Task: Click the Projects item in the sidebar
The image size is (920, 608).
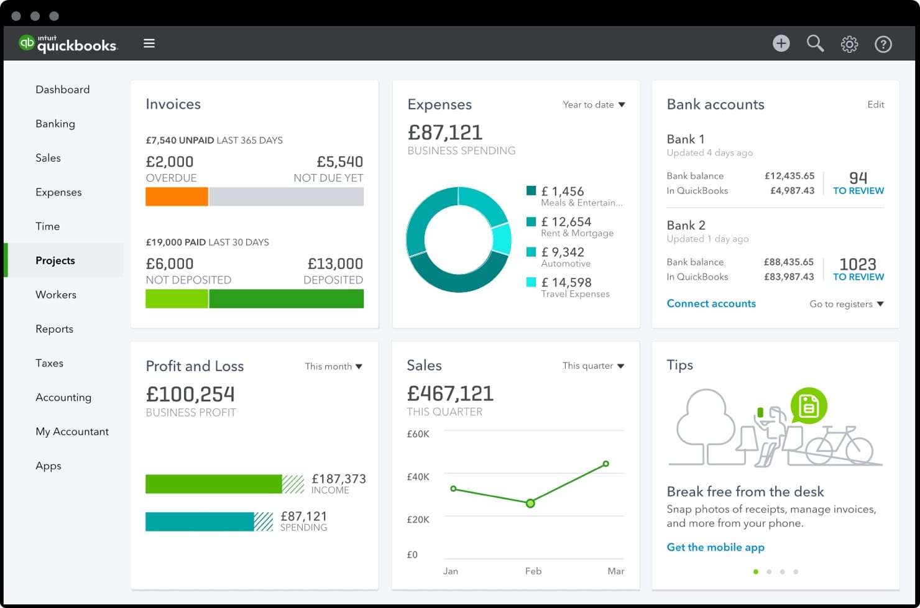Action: [x=55, y=260]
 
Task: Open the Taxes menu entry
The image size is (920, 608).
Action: [x=49, y=363]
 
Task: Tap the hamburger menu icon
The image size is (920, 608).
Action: [x=149, y=44]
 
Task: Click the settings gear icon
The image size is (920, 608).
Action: [x=849, y=44]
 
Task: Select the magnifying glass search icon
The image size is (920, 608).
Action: [x=815, y=44]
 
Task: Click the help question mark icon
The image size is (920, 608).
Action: [x=883, y=44]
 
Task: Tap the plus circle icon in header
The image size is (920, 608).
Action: [x=781, y=44]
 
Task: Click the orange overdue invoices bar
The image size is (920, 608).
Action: [x=177, y=197]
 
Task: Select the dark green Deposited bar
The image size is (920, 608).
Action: [x=286, y=299]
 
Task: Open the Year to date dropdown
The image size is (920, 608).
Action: [x=594, y=104]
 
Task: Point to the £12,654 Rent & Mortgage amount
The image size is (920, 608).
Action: [x=566, y=222]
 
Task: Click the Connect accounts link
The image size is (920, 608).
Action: [x=711, y=303]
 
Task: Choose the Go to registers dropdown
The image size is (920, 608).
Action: [x=846, y=304]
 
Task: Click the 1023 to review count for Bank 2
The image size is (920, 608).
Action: [x=858, y=269]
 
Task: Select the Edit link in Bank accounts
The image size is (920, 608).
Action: [x=875, y=104]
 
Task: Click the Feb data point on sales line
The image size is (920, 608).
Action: [x=530, y=504]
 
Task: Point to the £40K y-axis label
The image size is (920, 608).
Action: [x=418, y=477]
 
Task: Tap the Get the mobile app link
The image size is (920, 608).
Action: [x=715, y=547]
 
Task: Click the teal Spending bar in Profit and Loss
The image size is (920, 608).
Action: [x=200, y=522]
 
